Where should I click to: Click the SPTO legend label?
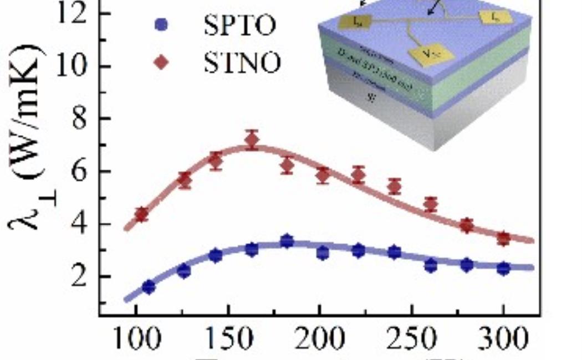point(239,26)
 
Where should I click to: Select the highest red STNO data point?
point(252,141)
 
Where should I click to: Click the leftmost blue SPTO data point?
point(149,287)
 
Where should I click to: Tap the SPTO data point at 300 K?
point(503,269)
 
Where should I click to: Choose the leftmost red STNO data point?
point(142,214)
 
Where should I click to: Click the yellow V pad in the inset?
point(431,54)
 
